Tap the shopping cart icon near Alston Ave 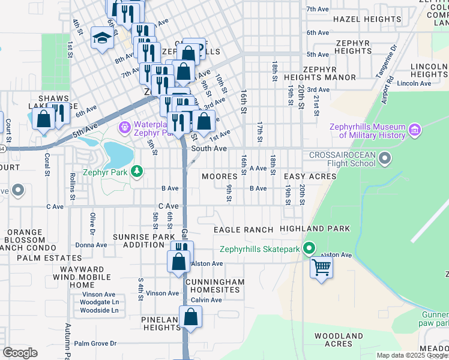(x=322, y=267)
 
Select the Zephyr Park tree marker (x=137, y=172)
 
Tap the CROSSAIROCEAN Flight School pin (x=385, y=159)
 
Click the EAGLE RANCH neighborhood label (x=243, y=230)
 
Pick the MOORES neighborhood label (x=220, y=176)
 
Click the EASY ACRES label (x=309, y=176)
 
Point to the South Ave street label (x=209, y=148)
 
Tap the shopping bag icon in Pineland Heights (x=190, y=317)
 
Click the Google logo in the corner (x=20, y=352)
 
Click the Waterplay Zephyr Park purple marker (x=125, y=127)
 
